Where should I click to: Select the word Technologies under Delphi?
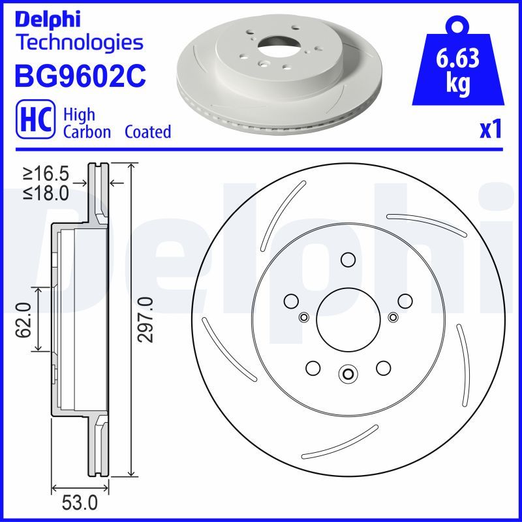point(78,42)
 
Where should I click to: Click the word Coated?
point(147,132)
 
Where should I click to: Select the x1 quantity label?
point(490,131)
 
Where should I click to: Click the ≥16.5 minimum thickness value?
point(46,174)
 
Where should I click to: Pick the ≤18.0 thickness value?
point(46,194)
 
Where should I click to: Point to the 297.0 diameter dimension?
point(146,319)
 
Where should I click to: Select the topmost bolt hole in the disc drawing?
point(347,260)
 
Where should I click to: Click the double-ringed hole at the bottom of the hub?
point(347,374)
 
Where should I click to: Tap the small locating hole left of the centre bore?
point(303,317)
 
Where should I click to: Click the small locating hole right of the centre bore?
point(392,317)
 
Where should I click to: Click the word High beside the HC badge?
point(78,115)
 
